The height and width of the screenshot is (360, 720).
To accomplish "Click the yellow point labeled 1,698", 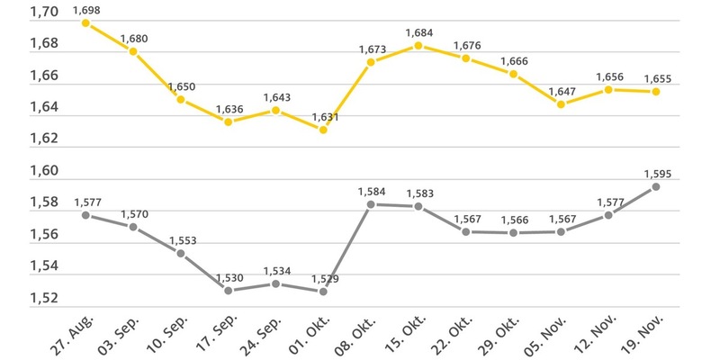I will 85,22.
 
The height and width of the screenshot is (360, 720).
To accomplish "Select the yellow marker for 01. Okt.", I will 323,130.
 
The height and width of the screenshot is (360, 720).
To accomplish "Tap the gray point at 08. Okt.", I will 371,204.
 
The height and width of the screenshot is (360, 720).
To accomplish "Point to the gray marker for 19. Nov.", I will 656,186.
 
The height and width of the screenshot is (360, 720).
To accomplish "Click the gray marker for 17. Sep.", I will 229,291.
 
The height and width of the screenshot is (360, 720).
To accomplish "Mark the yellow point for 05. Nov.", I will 561,104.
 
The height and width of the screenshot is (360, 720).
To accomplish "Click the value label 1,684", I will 419,33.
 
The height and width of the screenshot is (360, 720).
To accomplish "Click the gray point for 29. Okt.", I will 513,232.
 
